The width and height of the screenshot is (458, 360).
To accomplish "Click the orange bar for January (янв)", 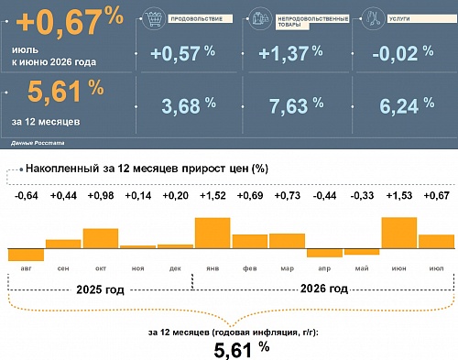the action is click(x=213, y=233).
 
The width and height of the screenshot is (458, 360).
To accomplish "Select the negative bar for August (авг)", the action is click(x=26, y=255).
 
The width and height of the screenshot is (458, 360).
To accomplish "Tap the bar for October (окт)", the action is click(x=101, y=238).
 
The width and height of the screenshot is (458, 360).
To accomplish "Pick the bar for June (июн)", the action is click(x=399, y=233).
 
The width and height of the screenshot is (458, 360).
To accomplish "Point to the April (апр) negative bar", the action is click(x=324, y=253).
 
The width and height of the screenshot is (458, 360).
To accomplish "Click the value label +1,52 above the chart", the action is click(x=213, y=195).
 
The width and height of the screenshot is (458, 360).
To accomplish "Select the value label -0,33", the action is click(x=362, y=195).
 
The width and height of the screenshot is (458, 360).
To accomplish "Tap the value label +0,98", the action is click(x=101, y=195).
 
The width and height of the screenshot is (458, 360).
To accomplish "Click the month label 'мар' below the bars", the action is click(x=288, y=268).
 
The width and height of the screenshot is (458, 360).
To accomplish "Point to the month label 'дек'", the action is click(x=175, y=268).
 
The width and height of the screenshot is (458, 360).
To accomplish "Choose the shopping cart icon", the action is click(x=154, y=19).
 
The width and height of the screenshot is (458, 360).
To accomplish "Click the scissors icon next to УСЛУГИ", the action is click(x=373, y=18).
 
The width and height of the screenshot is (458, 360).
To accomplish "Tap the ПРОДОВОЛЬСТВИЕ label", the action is click(x=197, y=19).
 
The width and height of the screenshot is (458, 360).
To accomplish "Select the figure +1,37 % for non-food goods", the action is click(x=290, y=53).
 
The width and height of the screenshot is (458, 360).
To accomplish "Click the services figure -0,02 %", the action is click(x=403, y=53).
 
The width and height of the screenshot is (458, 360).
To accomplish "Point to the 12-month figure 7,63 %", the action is click(x=297, y=105).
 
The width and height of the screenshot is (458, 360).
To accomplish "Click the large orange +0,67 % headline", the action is click(x=70, y=21).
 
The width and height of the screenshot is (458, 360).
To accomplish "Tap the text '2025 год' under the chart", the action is click(x=100, y=289).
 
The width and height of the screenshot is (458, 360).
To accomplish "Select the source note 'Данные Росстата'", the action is click(x=38, y=143).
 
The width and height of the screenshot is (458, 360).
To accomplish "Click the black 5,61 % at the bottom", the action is click(x=242, y=350).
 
